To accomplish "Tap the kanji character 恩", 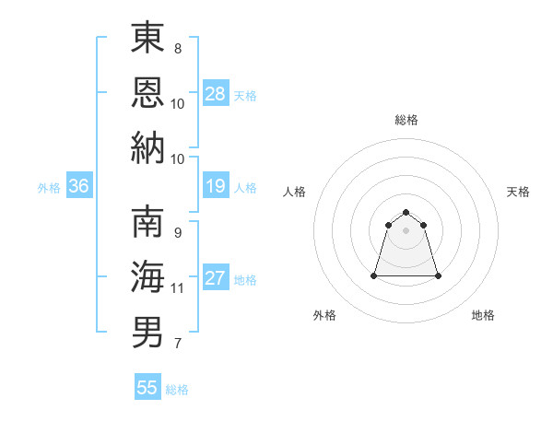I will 147,92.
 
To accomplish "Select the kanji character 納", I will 147,147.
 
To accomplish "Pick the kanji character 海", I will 147,276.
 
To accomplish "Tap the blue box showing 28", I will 216,94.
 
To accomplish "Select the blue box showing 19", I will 216,187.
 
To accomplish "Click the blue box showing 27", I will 216,279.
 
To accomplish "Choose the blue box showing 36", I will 79,187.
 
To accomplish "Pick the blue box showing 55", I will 147,388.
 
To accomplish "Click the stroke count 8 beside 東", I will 177,48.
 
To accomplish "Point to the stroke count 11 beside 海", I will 177,288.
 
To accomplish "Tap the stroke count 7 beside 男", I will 177,345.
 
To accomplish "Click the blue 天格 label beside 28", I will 245,95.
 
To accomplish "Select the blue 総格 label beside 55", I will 177,389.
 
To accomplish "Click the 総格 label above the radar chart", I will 406,120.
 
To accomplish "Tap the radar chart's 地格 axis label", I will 483,316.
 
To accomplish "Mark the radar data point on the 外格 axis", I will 374,275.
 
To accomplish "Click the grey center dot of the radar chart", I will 406,230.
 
